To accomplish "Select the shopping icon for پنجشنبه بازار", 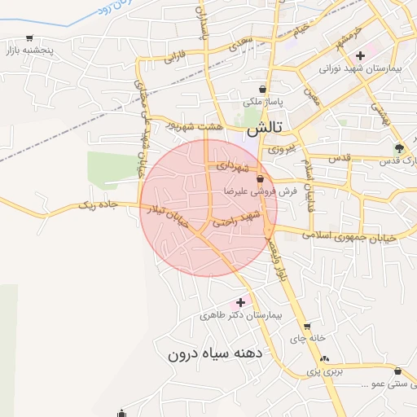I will pos(30,37).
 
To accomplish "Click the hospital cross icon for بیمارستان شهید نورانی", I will pos(360,55).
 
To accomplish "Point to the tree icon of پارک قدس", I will pos(398,148).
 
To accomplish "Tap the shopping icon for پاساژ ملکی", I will pos(262,90).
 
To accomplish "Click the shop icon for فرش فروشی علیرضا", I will pos(260,179).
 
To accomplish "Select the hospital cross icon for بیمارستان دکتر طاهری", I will pos(240,302).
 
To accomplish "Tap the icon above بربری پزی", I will pos(325,358).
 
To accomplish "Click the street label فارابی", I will pos(175,58).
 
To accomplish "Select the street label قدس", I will pos(339,157).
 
